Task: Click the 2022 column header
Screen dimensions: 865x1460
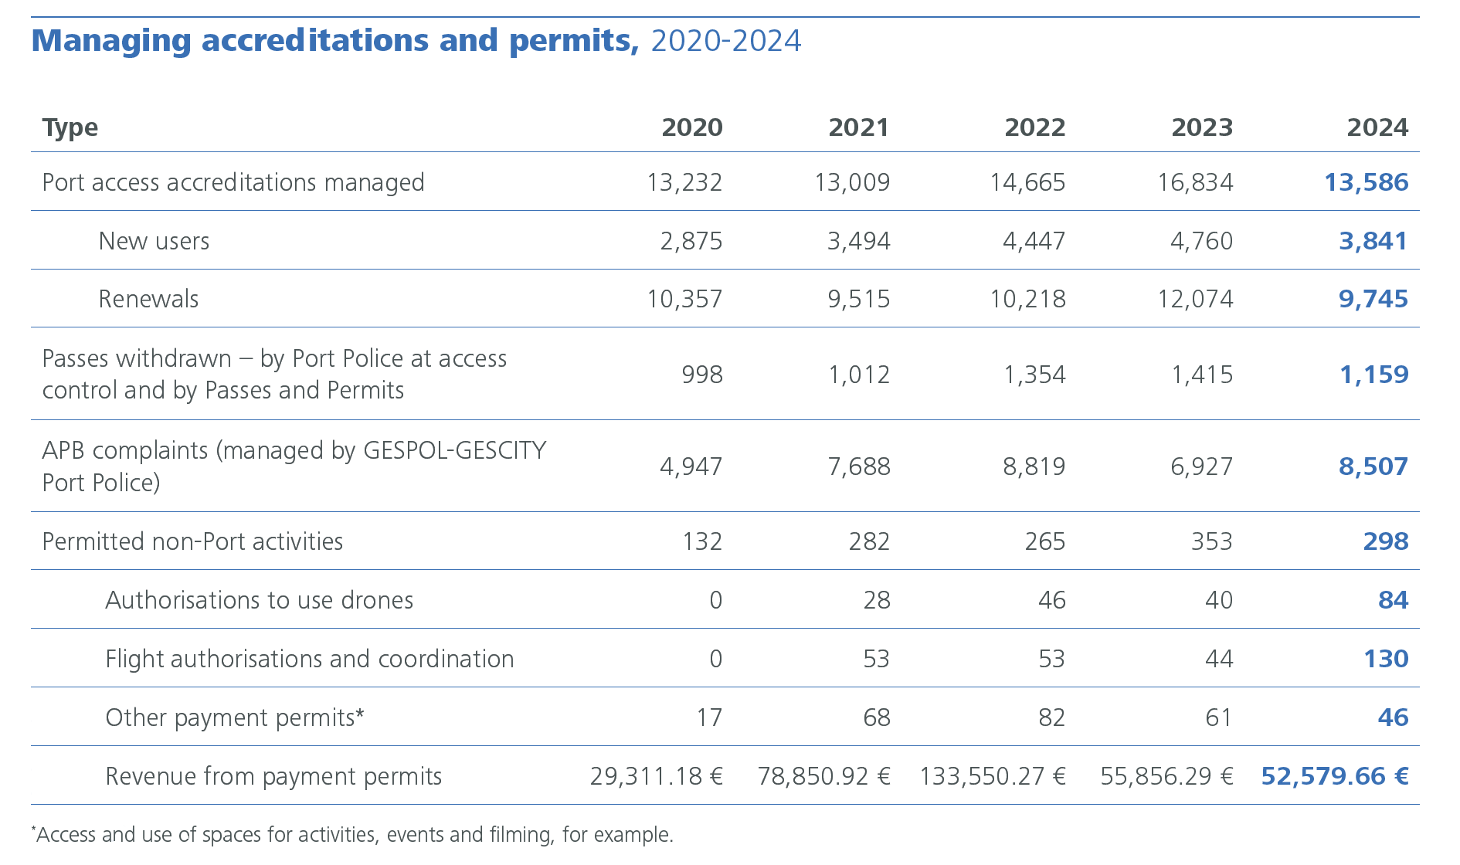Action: pyautogui.click(x=1034, y=127)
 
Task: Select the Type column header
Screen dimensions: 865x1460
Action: pyautogui.click(x=70, y=127)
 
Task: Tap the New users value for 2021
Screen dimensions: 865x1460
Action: pyautogui.click(x=858, y=241)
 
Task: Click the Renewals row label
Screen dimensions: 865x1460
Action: pyautogui.click(x=148, y=299)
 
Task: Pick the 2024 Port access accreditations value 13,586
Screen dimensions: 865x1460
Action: pyautogui.click(x=1366, y=182)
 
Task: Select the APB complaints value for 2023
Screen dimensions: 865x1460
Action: pyautogui.click(x=1201, y=466)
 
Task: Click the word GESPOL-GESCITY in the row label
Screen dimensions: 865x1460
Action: pyautogui.click(x=454, y=450)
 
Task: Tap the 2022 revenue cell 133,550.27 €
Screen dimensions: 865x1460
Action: pyautogui.click(x=992, y=776)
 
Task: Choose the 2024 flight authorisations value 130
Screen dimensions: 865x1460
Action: pyautogui.click(x=1386, y=659)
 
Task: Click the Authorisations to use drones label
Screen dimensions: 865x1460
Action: pyautogui.click(x=259, y=600)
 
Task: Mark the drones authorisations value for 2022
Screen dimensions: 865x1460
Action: pyautogui.click(x=1051, y=600)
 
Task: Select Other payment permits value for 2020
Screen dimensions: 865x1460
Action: pyautogui.click(x=708, y=717)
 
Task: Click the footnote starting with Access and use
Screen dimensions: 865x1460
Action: pyautogui.click(x=354, y=835)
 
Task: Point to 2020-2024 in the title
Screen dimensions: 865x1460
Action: pyautogui.click(x=725, y=41)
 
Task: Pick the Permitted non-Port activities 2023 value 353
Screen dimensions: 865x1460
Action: pyautogui.click(x=1211, y=541)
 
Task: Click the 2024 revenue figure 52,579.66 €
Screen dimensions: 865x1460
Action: pyautogui.click(x=1334, y=776)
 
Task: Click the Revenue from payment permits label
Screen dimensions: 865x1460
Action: pyautogui.click(x=273, y=776)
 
